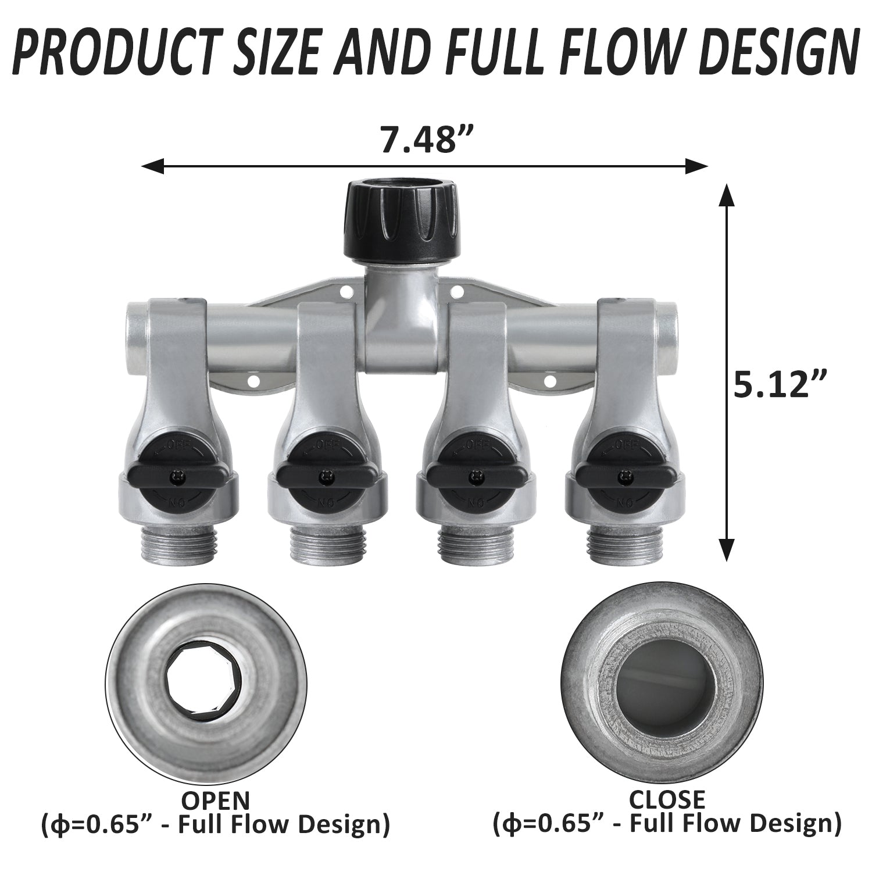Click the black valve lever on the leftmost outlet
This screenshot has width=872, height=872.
[174, 477]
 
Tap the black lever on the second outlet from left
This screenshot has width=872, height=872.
[322, 477]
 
